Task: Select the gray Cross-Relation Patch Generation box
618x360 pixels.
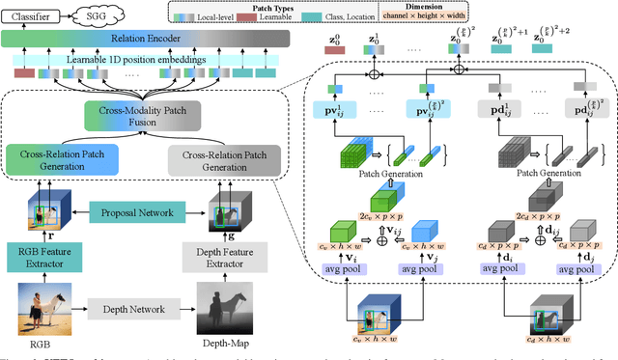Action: point(228,158)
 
